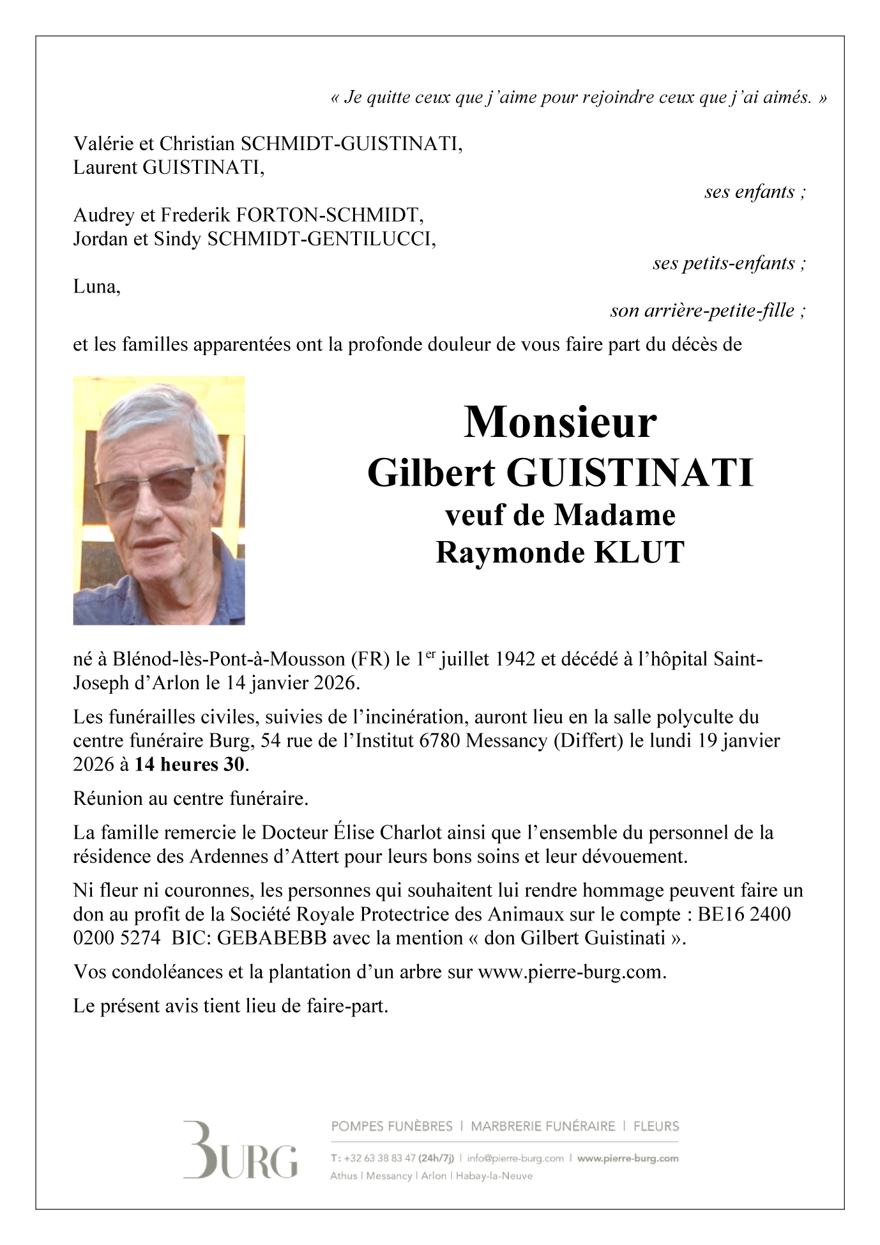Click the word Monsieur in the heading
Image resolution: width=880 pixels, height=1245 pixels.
tap(559, 422)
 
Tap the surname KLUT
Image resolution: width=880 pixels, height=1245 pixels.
tap(639, 553)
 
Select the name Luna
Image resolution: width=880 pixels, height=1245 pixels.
tap(95, 286)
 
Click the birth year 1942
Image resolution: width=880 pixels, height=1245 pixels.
tap(515, 659)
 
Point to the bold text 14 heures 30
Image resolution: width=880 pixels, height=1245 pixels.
tap(190, 764)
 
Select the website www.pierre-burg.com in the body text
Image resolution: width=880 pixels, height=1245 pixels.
tap(571, 972)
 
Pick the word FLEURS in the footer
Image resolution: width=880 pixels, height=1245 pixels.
tap(656, 1126)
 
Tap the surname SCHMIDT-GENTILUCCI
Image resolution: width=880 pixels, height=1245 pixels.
tap(321, 239)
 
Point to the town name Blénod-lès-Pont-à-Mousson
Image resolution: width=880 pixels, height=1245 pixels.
tap(230, 659)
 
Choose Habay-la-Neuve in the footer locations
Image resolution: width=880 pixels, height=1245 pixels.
tap(494, 1175)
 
